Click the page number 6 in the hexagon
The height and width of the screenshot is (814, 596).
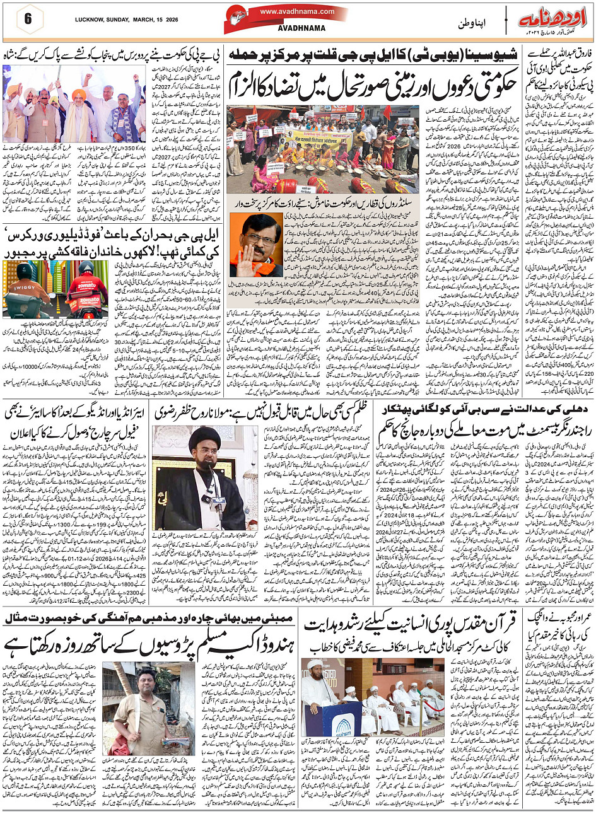28,18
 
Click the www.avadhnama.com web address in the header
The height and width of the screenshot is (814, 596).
296,11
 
